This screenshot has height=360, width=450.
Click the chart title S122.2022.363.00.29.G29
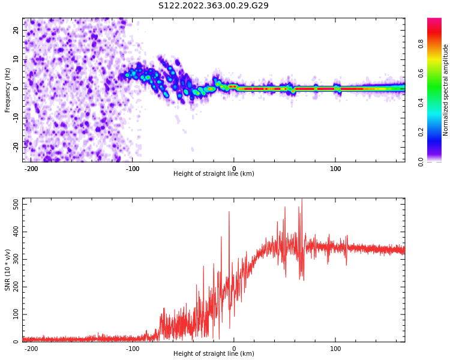click(x=213, y=6)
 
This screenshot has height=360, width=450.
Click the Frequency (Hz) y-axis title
click(x=8, y=89)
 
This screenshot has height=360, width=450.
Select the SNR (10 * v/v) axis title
click(x=8, y=270)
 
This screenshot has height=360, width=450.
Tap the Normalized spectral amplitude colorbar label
click(x=446, y=89)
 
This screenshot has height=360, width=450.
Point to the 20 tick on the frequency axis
click(x=17, y=31)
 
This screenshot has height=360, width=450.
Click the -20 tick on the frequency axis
click(x=16, y=146)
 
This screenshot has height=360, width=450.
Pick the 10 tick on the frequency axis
click(x=17, y=59)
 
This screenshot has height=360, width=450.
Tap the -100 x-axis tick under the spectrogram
click(x=133, y=169)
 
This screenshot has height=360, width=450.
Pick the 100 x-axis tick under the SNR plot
click(x=335, y=348)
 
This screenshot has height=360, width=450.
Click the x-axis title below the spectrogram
click(x=214, y=174)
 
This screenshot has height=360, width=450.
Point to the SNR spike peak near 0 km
click(x=229, y=212)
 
